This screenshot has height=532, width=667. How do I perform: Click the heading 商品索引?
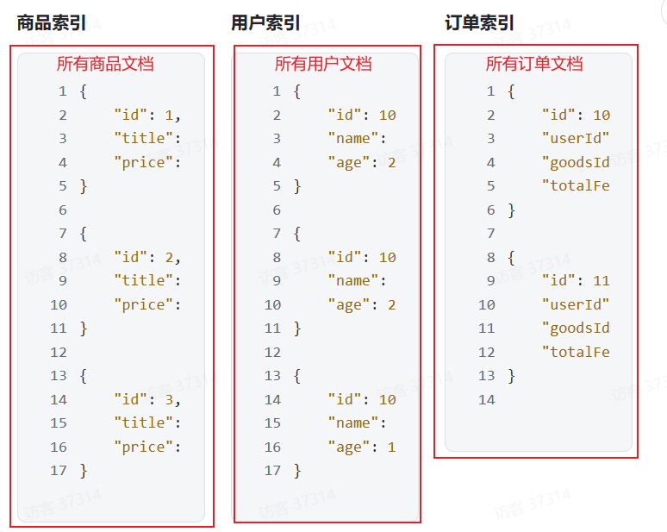[x=52, y=23]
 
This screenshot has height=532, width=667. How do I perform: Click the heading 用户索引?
[x=265, y=23]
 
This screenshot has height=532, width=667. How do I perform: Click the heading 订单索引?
[x=479, y=23]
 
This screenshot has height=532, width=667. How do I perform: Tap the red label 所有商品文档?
[x=105, y=64]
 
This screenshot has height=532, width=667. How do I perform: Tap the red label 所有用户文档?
[x=323, y=64]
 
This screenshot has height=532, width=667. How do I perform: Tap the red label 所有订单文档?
[x=534, y=64]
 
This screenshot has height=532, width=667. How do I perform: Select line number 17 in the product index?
[x=59, y=471]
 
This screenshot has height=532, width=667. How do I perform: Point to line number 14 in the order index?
[x=487, y=399]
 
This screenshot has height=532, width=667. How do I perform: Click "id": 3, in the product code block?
[x=147, y=399]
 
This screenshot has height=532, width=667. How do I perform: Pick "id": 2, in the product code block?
[x=147, y=257]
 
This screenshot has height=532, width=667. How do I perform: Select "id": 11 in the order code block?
[x=576, y=281]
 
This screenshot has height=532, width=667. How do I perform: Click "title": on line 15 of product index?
[x=147, y=423]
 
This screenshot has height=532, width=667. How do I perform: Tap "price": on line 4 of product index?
[x=147, y=162]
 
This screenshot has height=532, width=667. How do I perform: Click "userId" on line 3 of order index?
[x=576, y=139]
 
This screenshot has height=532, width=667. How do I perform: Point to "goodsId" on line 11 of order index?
[x=576, y=329]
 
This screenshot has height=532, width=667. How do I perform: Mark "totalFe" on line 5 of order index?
[x=576, y=186]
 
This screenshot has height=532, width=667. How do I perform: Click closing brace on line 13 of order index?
[x=512, y=376]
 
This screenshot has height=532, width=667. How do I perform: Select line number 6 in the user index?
[x=277, y=210]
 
